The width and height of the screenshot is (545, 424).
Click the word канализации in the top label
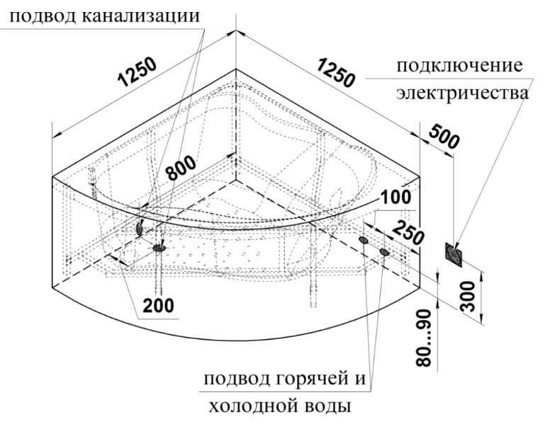click(x=141, y=16)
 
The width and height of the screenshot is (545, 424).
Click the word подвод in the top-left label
click(x=43, y=16)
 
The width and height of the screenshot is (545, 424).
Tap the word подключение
click(x=459, y=66)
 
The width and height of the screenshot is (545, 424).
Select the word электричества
click(x=463, y=93)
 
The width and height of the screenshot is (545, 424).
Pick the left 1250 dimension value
click(x=137, y=72)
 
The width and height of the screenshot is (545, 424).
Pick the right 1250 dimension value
click(x=336, y=73)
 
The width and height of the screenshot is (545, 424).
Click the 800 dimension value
click(x=180, y=168)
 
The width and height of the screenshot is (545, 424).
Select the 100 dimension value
click(x=396, y=197)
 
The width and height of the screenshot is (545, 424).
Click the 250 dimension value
click(x=408, y=232)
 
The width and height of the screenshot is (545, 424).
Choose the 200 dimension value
click(x=159, y=306)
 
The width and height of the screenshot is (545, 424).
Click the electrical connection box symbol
click(x=454, y=256)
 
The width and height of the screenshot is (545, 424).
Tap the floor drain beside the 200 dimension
click(x=159, y=247)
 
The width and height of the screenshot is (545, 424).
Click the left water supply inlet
click(x=364, y=240)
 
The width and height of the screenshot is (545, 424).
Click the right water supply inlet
click(x=384, y=251)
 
